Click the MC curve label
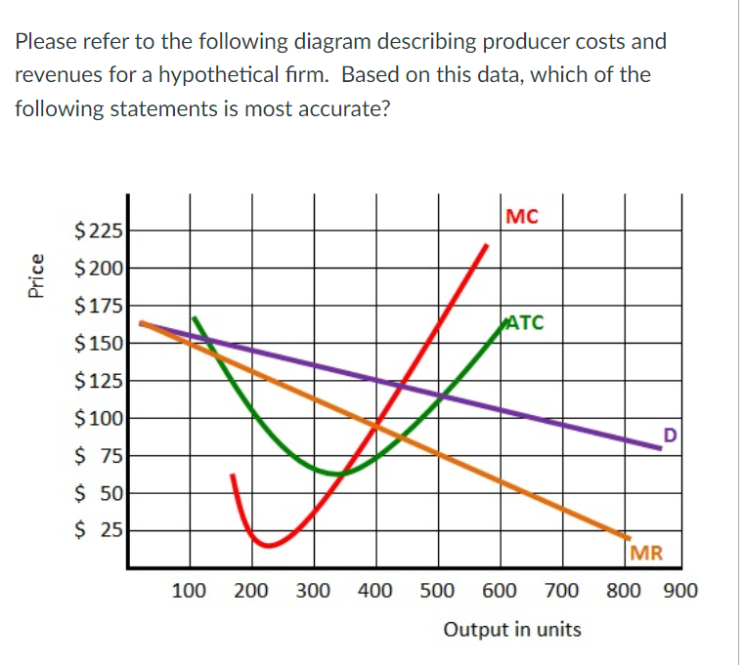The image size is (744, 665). tap(524, 217)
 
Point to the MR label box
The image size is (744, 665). tap(647, 554)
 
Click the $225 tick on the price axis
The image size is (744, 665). tap(98, 231)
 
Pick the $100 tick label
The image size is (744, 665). tap(98, 419)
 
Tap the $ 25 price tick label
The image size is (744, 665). tap(98, 531)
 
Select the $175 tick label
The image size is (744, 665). tap(98, 306)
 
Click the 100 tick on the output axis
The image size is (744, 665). tap(189, 591)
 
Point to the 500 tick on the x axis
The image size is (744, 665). tap(437, 591)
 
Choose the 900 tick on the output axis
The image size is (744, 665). tap(679, 591)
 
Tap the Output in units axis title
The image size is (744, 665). tap(512, 629)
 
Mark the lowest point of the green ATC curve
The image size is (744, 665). tap(338, 474)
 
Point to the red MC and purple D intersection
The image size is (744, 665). tap(400, 385)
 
